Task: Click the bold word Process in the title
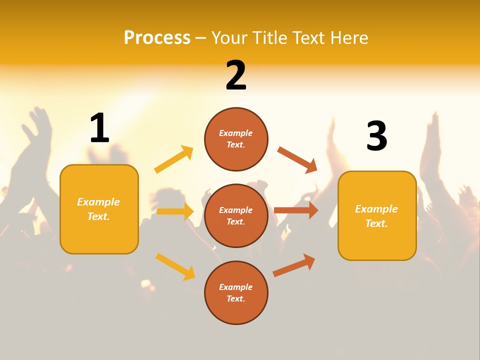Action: pos(157,37)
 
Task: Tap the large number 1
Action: pos(99,128)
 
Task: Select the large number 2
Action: pos(236,75)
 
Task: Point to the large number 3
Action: pos(376,136)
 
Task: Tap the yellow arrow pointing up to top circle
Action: pos(173,159)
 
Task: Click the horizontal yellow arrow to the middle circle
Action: pos(175,211)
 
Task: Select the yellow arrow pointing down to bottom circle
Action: pos(175,266)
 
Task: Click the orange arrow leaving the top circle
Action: pos(297,160)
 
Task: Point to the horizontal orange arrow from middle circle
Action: pos(296,210)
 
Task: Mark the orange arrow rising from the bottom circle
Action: pos(294,265)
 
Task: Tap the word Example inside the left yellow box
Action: pos(98,202)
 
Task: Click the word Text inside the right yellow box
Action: pos(376,223)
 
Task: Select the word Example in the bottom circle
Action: pos(235,287)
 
